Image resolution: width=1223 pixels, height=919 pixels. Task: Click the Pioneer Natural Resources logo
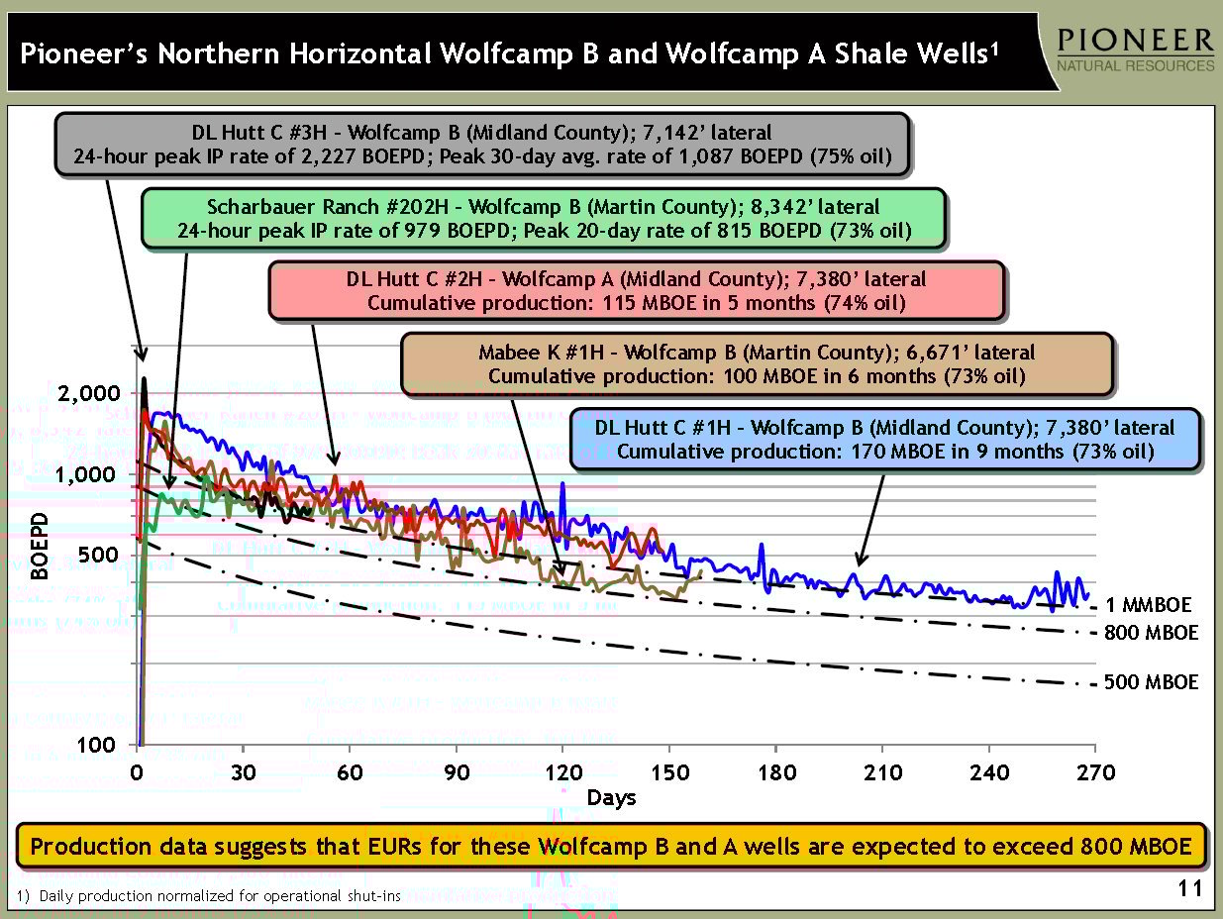(1135, 50)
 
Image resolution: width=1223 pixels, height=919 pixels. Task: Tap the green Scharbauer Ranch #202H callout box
(543, 219)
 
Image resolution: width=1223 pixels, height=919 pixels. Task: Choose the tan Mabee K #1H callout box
(757, 363)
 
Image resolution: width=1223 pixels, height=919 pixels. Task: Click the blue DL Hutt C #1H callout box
(884, 440)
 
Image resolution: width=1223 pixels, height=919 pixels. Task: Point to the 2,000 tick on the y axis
(91, 393)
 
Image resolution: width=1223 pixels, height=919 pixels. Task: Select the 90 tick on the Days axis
(456, 772)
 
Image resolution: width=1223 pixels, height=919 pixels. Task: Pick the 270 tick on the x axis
(1094, 772)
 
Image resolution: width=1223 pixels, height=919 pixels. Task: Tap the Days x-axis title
(611, 797)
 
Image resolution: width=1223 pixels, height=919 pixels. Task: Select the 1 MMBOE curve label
(1149, 605)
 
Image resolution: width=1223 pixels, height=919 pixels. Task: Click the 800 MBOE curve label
(1151, 633)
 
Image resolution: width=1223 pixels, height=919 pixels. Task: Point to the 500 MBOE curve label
(1151, 682)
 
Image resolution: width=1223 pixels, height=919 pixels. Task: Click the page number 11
(1190, 889)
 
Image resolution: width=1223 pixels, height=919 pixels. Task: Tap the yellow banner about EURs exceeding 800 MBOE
(611, 847)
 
